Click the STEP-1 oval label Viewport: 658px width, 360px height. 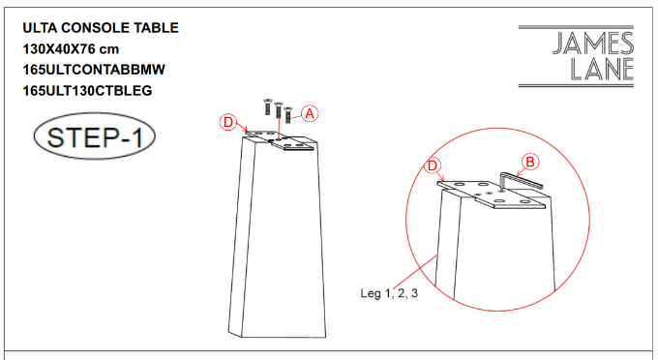point(95,136)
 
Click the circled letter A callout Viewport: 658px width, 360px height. point(310,113)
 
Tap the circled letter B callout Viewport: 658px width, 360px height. point(530,162)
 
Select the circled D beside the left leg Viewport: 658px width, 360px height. point(227,123)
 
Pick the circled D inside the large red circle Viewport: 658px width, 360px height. point(433,165)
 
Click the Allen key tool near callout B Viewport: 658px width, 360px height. point(521,181)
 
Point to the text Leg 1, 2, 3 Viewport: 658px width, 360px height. point(389,293)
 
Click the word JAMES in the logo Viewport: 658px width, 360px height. point(592,44)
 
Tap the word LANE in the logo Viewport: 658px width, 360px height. point(602,70)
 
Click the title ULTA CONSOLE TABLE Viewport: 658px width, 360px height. point(101,28)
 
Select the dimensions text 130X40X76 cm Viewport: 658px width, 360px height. point(71,48)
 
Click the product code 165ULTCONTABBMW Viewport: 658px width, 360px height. point(94,70)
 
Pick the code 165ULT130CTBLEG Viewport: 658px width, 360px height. point(87,90)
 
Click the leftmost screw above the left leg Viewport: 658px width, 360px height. point(267,106)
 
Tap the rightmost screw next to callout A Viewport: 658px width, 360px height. point(288,114)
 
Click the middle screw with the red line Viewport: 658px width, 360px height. point(278,110)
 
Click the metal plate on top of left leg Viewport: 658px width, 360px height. point(281,140)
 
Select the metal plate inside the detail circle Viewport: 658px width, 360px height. point(491,194)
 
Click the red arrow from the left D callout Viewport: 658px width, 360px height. point(243,127)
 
